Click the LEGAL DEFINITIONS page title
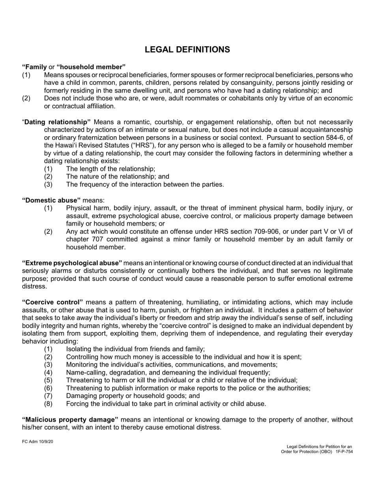(187, 49)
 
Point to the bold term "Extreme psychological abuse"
(72, 263)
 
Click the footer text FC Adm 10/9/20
(37, 441)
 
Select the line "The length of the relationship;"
(111, 169)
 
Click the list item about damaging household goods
(133, 396)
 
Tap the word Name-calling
(84, 372)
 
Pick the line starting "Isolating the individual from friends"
(135, 349)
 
